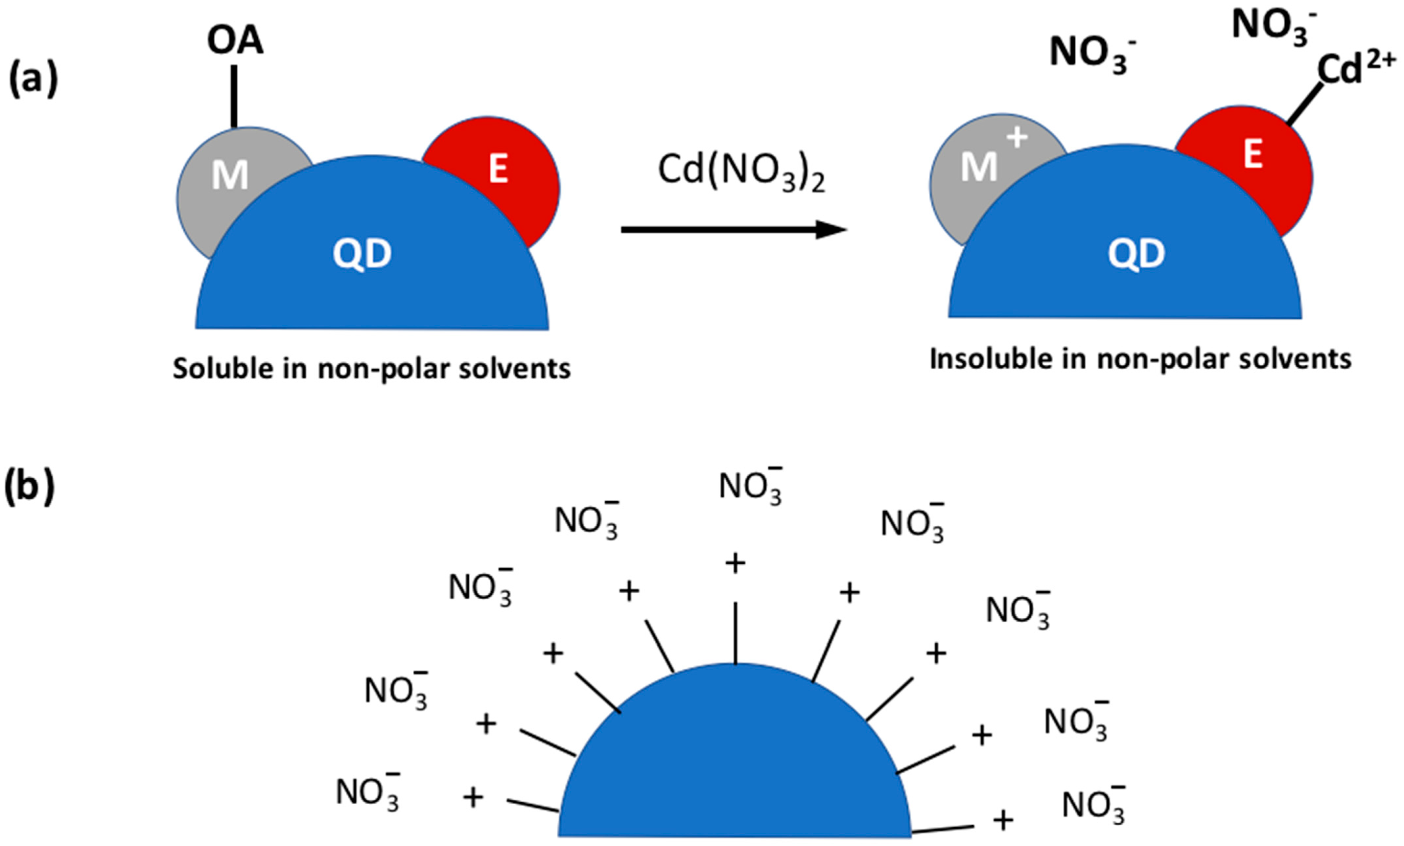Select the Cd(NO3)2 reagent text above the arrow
coord(741,171)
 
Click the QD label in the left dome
coord(363,254)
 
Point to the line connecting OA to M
coord(234,96)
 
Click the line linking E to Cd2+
coord(1305,104)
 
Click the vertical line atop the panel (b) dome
coord(735,632)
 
